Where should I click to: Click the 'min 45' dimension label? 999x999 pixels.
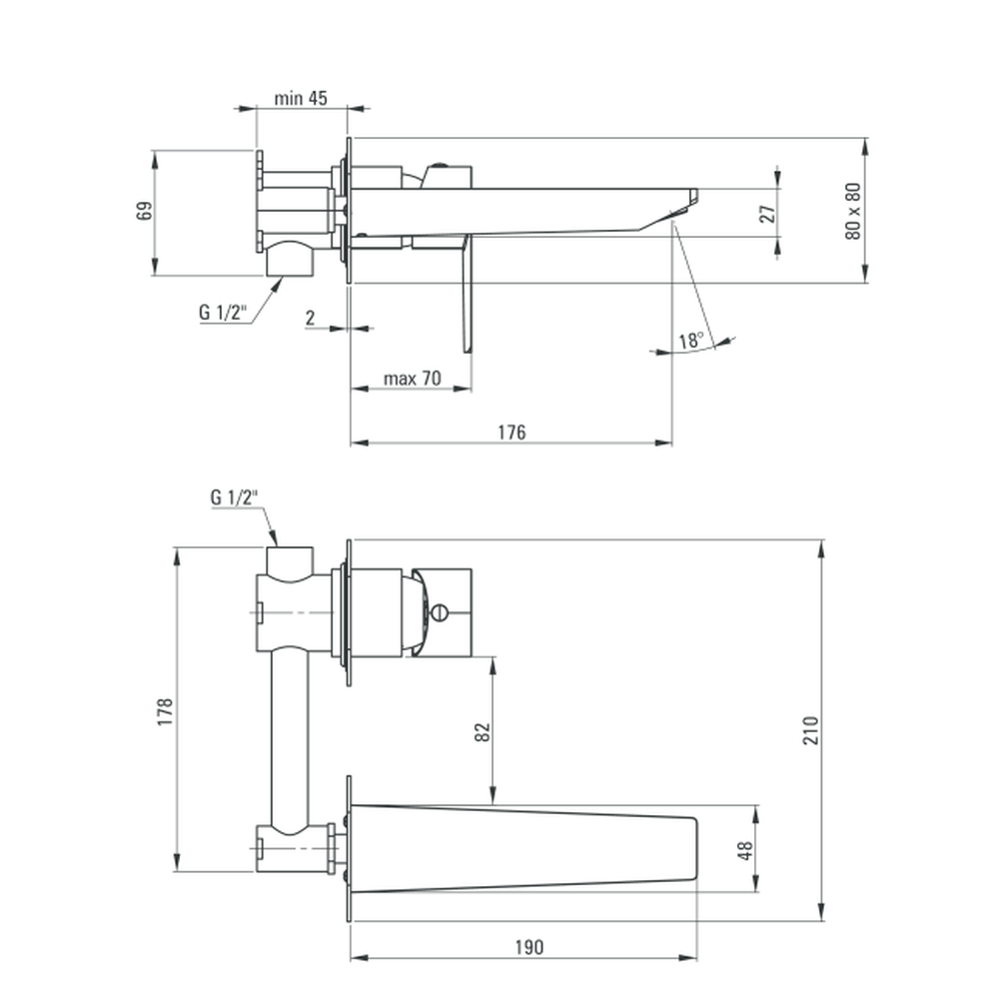click(x=301, y=98)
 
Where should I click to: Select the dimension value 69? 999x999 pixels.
click(x=145, y=211)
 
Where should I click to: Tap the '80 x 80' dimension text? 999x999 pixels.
click(x=853, y=211)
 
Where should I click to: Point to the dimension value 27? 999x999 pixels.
click(x=768, y=214)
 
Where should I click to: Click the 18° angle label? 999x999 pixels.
click(x=691, y=340)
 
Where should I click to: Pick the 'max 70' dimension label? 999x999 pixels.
click(x=413, y=379)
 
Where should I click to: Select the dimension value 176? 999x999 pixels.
click(x=511, y=433)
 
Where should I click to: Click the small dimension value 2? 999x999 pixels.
click(x=311, y=318)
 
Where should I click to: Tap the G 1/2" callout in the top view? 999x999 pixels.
click(x=223, y=312)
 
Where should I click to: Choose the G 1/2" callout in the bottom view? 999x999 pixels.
click(x=235, y=497)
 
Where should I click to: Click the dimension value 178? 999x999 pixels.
click(x=166, y=711)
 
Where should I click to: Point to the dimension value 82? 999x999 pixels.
click(x=483, y=732)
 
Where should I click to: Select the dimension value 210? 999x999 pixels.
click(x=810, y=730)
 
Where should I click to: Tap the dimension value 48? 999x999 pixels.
click(x=745, y=850)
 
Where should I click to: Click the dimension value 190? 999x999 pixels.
click(x=529, y=947)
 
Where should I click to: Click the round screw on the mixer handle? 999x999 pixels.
click(x=440, y=613)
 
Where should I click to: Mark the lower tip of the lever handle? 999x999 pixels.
click(x=466, y=351)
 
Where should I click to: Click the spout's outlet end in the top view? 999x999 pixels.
click(x=692, y=198)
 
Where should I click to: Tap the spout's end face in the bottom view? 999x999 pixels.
click(x=695, y=849)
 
